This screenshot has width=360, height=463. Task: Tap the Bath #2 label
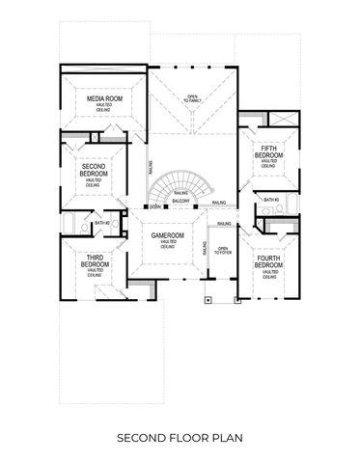[x=101, y=223]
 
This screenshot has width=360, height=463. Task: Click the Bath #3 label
[x=271, y=200]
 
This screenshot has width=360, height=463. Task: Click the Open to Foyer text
[x=223, y=253]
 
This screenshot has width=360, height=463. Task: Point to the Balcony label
[x=180, y=201]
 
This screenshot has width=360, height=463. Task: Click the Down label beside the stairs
[x=154, y=206]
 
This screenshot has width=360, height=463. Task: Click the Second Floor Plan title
[x=180, y=438]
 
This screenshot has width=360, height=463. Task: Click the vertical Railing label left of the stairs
[x=150, y=169]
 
